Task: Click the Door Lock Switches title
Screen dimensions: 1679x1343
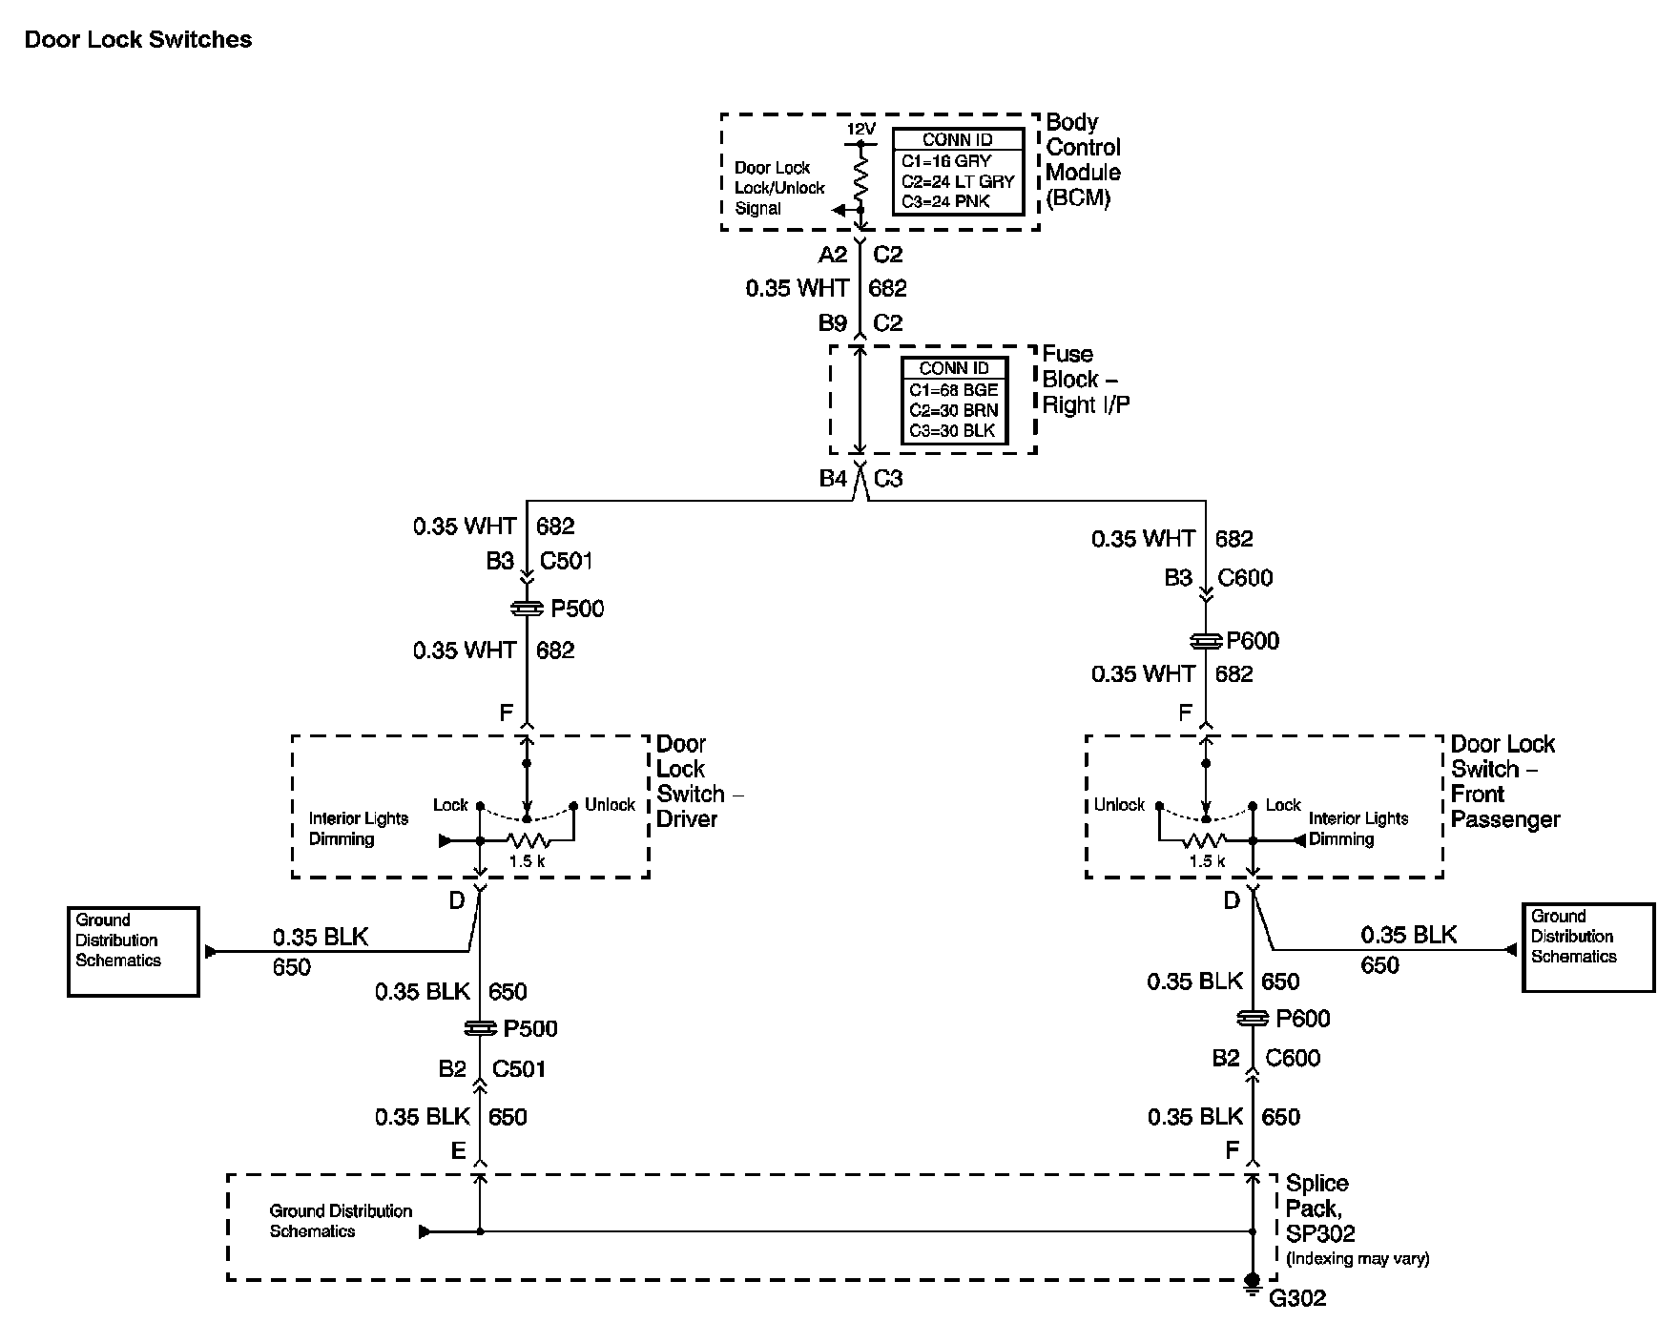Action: [138, 39]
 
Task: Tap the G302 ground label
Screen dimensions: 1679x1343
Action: [1297, 1298]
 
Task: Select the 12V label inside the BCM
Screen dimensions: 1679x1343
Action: [860, 129]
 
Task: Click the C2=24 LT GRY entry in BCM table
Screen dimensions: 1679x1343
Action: [957, 181]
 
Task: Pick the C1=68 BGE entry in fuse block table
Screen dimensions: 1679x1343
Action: [953, 390]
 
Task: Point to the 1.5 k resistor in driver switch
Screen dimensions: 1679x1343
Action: [528, 841]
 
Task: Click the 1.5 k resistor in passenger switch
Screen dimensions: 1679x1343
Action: [1206, 841]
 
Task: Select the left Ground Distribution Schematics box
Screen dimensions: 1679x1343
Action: [134, 951]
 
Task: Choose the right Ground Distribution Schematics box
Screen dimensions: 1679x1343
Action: [1587, 947]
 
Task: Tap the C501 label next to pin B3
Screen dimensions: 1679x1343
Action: [566, 561]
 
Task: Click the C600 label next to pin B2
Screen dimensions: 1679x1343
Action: [1293, 1058]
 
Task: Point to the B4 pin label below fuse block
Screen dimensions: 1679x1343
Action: [833, 479]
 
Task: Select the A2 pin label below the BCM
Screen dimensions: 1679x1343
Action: [833, 255]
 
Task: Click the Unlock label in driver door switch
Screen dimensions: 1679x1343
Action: [610, 805]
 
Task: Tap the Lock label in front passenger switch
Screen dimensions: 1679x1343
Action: [1283, 805]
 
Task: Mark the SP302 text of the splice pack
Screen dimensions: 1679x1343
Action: [1320, 1234]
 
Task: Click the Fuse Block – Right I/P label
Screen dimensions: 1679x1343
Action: [1086, 380]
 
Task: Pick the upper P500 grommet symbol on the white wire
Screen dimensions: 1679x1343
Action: [528, 608]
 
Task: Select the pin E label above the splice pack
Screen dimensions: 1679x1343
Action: [458, 1151]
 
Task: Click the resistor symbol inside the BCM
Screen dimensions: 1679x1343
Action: [860, 177]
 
